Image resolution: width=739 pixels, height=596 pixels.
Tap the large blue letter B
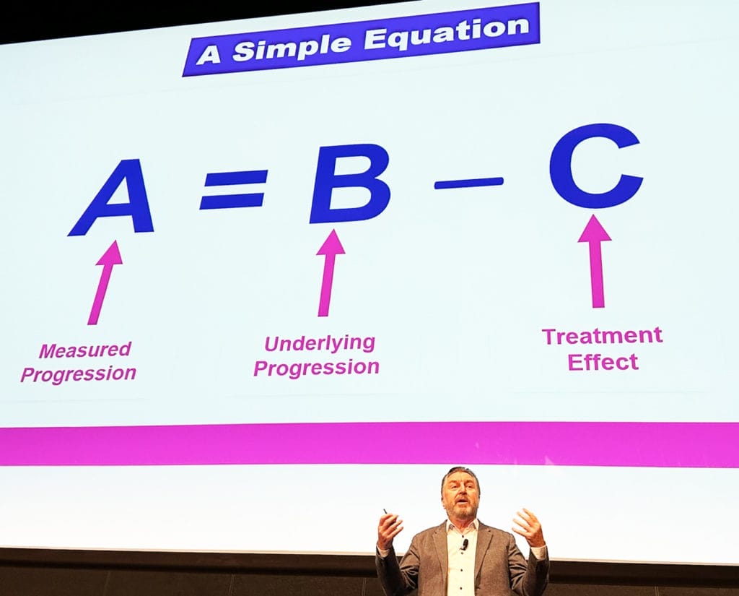point(350,184)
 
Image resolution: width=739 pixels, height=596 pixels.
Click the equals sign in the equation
point(233,190)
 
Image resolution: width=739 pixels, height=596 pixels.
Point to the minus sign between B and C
point(468,183)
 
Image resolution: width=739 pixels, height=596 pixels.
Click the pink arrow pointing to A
point(105,282)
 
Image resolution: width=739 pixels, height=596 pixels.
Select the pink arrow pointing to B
point(330,273)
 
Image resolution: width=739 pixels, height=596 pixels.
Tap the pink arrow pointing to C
point(595,261)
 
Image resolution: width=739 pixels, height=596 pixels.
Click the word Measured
point(85,350)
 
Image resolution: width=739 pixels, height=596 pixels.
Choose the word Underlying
point(320,344)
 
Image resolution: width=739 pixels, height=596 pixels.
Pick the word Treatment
point(603,335)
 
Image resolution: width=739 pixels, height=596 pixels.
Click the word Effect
point(603,362)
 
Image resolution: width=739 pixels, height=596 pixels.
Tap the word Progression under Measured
point(78,374)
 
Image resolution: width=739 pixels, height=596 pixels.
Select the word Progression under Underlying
point(316,368)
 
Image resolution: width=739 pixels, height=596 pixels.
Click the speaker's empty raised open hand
point(528,526)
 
